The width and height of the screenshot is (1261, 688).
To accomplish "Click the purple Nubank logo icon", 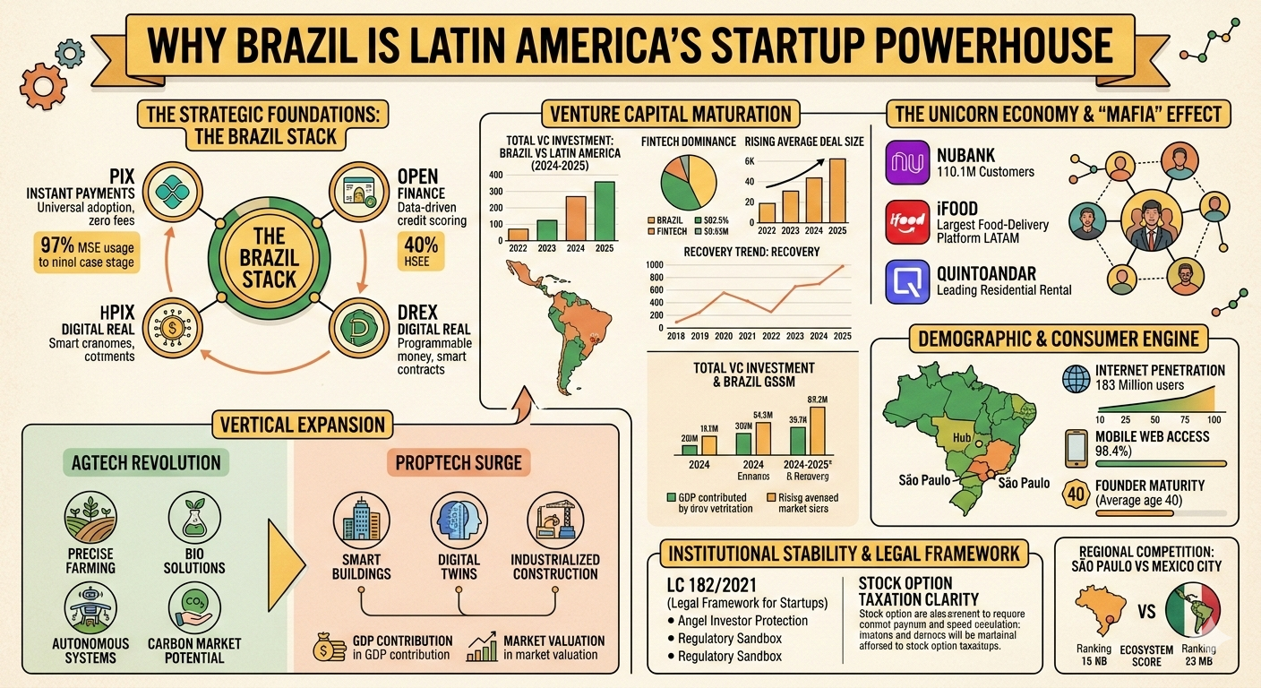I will coord(906,162).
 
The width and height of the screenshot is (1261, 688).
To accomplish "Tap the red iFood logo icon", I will coord(906,222).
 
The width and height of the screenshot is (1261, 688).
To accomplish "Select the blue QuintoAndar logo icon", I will coord(906,281).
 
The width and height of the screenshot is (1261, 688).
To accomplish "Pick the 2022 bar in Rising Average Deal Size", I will coord(768,212).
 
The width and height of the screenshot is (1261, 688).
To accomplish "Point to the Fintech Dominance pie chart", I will coord(687,185).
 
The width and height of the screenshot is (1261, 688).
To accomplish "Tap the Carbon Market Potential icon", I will coord(194,605).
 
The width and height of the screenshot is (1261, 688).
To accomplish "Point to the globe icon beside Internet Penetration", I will coord(1074,378).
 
